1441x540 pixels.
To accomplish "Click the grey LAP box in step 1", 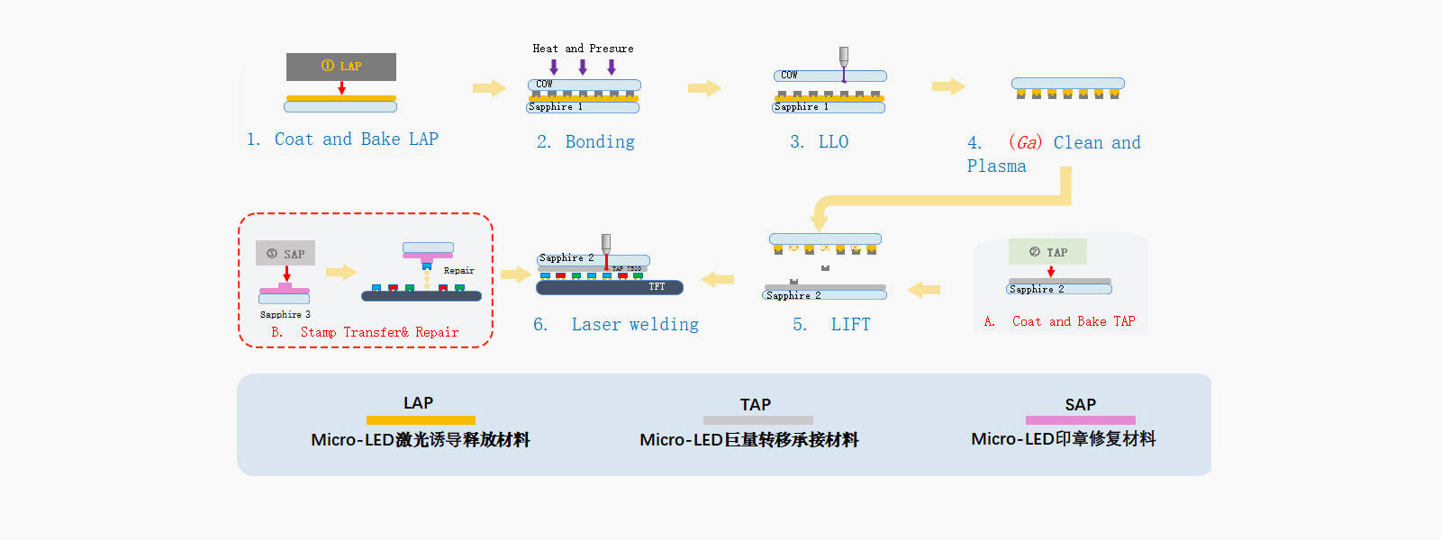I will coord(340,67).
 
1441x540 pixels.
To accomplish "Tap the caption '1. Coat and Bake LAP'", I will coord(342,139).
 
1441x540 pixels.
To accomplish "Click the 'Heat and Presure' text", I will coord(583,49).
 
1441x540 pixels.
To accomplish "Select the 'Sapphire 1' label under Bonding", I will coord(556,107).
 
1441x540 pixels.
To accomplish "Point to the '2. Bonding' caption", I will coord(585,142).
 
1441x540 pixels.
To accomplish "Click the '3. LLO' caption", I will coord(819,142).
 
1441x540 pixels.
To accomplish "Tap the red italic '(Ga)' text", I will coord(1025,142).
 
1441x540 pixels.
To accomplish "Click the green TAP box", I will coord(1047,252).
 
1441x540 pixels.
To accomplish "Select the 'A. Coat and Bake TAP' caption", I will coord(1059,322).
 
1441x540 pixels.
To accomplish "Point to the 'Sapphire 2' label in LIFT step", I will coord(793,296).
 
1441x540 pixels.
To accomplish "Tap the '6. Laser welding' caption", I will coord(616,325).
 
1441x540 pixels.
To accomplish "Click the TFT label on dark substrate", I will coord(657,287).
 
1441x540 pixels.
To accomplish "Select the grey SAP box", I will coord(285,254).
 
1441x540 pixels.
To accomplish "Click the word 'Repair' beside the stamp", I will coord(458,271).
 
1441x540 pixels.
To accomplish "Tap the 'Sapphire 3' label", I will coord(285,315).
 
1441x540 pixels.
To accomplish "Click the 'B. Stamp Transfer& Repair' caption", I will coord(365,333).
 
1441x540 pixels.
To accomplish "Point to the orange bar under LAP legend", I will coord(421,420).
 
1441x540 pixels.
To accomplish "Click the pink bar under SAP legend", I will coord(1080,420).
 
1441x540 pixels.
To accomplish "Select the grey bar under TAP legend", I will coord(757,420).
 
